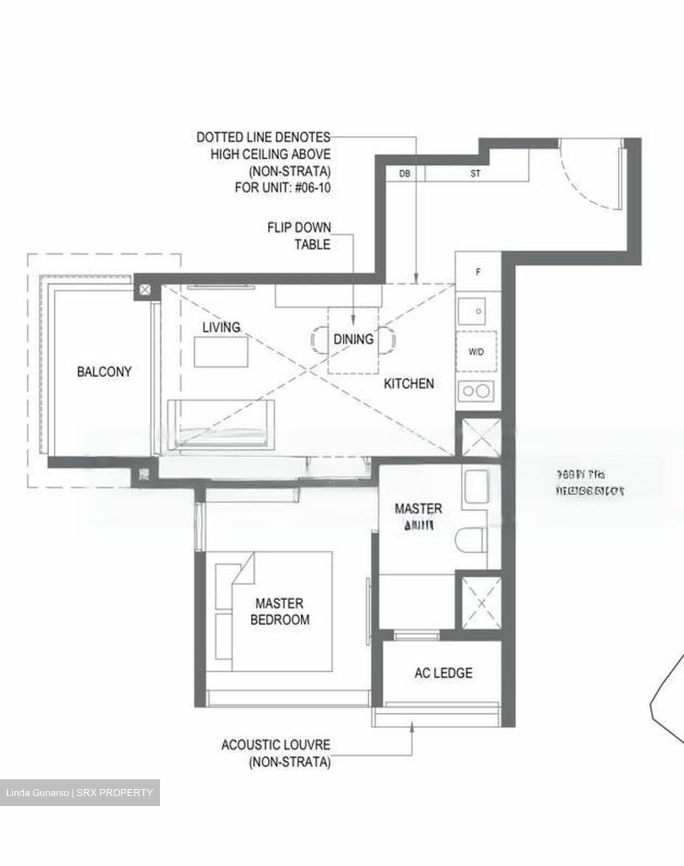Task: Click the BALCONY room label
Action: (103, 372)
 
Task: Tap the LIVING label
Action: (221, 327)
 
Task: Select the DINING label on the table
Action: (353, 339)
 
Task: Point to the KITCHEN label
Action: (408, 383)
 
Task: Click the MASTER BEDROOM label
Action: (280, 611)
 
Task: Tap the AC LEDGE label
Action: (443, 673)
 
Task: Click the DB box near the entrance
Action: (404, 174)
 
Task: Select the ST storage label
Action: (475, 174)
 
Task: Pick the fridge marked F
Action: (478, 272)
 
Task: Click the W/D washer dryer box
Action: (476, 352)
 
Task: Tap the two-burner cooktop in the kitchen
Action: (476, 392)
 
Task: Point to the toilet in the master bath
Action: (470, 539)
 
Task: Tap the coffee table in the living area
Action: (221, 352)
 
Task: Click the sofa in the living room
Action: (223, 424)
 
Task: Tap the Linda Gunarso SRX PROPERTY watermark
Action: (79, 793)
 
